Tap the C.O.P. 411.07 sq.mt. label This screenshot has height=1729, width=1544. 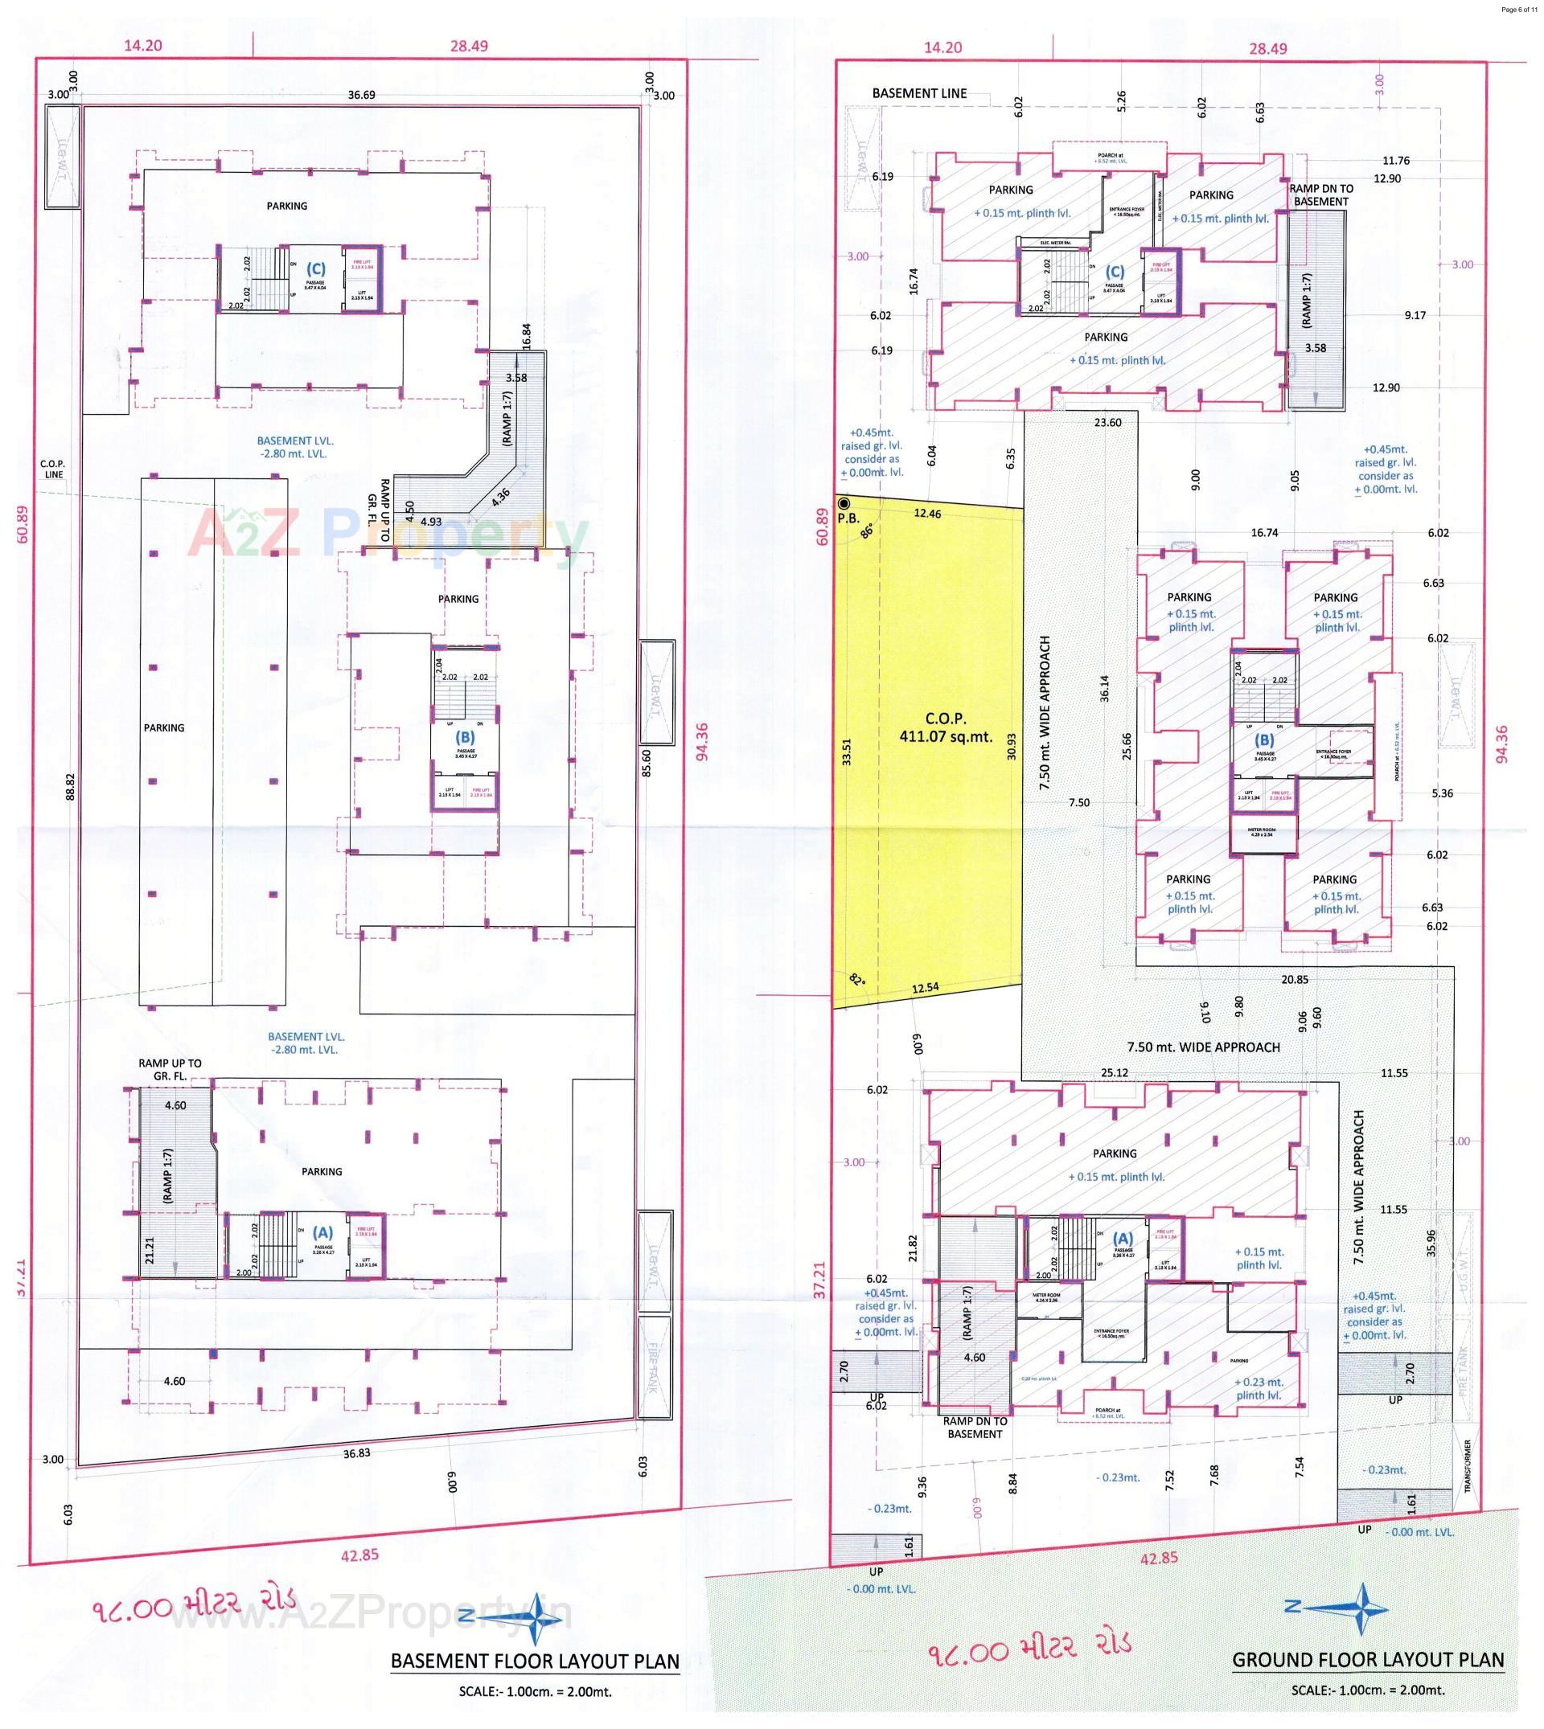[x=946, y=728]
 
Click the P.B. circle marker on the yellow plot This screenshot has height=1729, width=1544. [x=844, y=504]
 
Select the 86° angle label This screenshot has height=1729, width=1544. [x=866, y=531]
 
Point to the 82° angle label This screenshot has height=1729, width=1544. [x=856, y=979]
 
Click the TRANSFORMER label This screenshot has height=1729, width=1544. [x=1468, y=1465]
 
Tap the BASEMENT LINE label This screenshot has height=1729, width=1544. [x=919, y=93]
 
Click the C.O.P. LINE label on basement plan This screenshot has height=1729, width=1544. [x=52, y=469]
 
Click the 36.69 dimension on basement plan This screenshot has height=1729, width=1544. [x=361, y=95]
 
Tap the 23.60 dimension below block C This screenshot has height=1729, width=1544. [x=1108, y=422]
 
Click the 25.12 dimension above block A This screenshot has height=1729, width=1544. [x=1114, y=1072]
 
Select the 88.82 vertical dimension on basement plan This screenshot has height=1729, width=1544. [x=71, y=786]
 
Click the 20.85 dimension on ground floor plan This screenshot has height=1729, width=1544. [x=1295, y=979]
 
